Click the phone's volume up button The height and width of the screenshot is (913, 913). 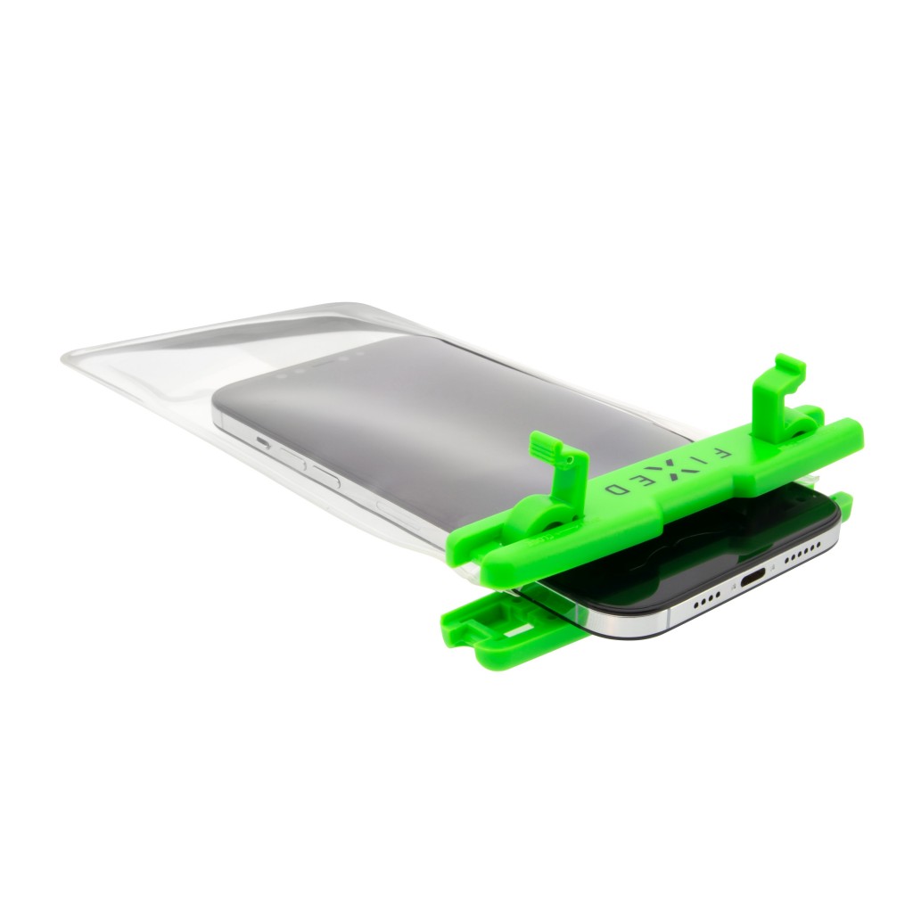tap(292, 458)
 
